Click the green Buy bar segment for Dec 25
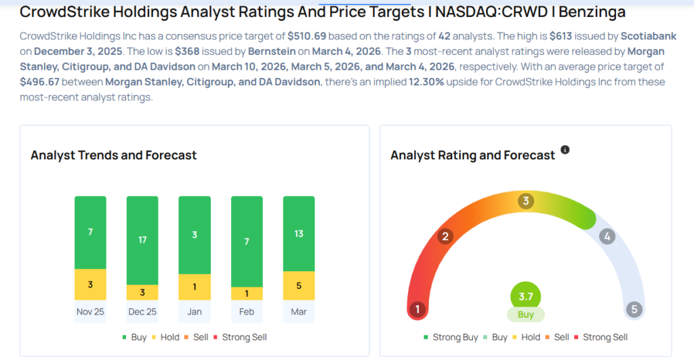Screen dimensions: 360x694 point(142,240)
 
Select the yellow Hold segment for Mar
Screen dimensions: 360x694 point(299,285)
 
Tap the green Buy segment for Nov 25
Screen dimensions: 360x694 point(90,232)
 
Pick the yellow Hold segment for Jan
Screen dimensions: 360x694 point(195,287)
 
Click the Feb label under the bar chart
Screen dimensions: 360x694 point(247,311)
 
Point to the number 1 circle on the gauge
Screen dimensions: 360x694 point(417,310)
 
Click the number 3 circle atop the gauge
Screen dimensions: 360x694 point(526,201)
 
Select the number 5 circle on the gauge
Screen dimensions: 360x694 point(634,310)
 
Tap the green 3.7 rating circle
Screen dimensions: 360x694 point(526,296)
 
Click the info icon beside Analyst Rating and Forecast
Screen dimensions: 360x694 point(565,150)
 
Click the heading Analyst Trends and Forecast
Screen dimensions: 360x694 point(113,155)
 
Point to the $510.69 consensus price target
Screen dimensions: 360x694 point(308,35)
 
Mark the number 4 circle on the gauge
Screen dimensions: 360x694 point(607,237)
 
